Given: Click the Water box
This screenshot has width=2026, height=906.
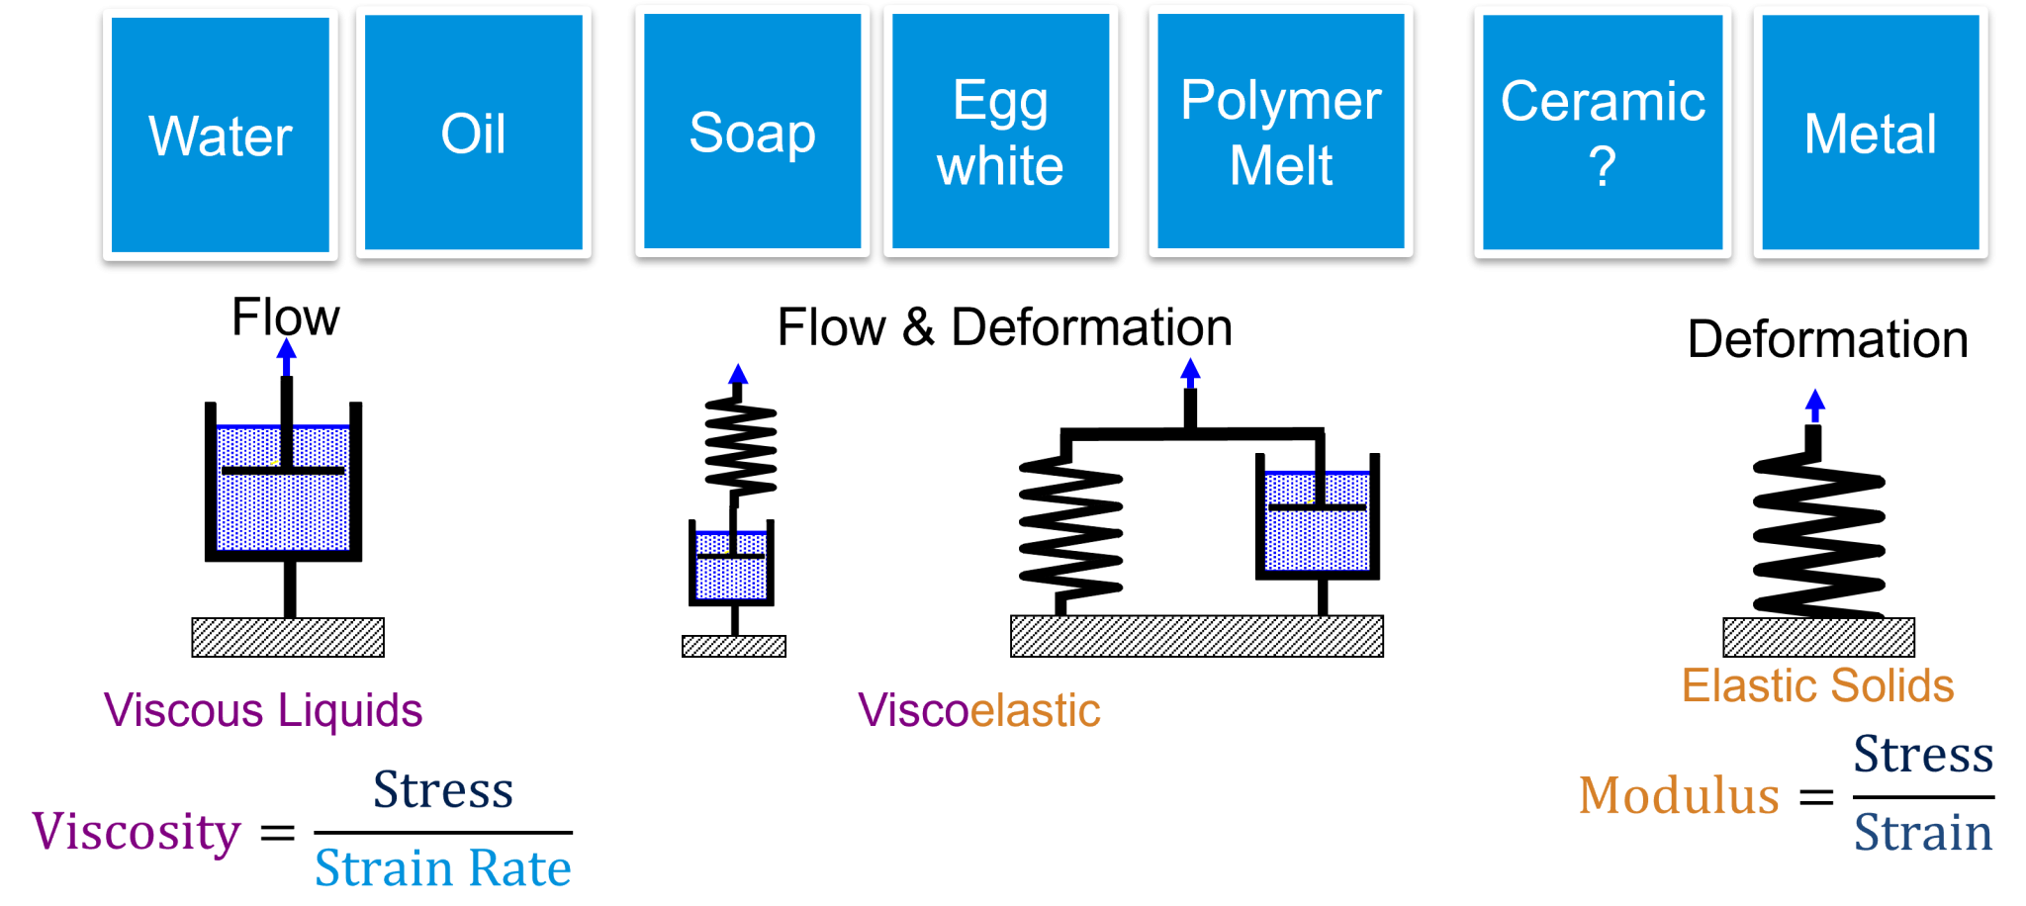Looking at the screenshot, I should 221,135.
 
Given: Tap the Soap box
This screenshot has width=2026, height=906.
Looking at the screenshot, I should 752,132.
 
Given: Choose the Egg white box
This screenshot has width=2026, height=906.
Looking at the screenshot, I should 1000,132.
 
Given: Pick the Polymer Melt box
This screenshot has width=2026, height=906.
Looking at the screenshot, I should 1280,132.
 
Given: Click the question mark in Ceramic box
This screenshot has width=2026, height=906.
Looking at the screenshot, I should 1602,167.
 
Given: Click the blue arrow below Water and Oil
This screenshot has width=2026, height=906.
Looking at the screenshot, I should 287,355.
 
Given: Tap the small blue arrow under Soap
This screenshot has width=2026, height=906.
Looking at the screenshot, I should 738,374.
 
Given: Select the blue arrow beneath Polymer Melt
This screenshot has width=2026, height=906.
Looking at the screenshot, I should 1190,372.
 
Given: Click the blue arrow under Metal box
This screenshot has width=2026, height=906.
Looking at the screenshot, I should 1814,404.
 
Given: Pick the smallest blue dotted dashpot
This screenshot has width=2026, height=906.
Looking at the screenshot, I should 731,565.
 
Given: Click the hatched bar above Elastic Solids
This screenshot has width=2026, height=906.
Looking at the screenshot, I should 1818,637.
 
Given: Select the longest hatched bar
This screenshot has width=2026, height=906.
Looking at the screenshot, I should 1196,636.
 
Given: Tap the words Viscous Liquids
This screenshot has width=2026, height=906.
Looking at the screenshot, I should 263,710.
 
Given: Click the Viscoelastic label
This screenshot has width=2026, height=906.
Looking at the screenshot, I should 978,710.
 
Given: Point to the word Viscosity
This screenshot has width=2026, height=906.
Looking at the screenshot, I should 137,832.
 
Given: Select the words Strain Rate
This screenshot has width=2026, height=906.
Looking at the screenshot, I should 442,868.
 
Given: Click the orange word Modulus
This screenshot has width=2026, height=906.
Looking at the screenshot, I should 1679,796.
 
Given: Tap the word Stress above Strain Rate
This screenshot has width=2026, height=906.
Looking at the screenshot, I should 443,790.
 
